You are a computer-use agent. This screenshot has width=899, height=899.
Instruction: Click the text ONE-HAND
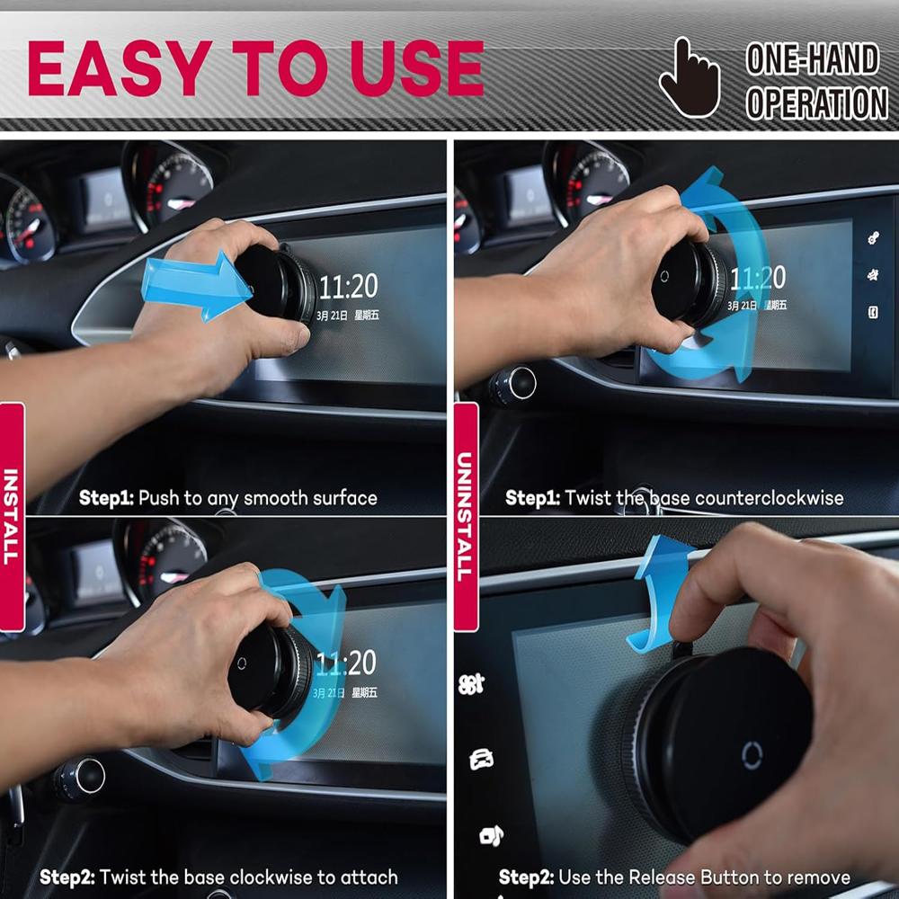coord(812,59)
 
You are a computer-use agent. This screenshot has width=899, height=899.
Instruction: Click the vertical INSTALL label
coord(11,517)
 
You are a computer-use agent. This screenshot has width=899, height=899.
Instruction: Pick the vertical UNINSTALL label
coord(465,517)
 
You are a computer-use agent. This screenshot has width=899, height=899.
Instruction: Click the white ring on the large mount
coord(752,755)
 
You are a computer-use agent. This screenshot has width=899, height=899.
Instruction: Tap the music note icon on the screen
coord(491,835)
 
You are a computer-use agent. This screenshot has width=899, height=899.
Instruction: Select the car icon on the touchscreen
coord(481,760)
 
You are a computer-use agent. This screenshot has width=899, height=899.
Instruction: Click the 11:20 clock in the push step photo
coord(348,288)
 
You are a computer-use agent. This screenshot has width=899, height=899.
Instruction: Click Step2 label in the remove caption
coord(526,877)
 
